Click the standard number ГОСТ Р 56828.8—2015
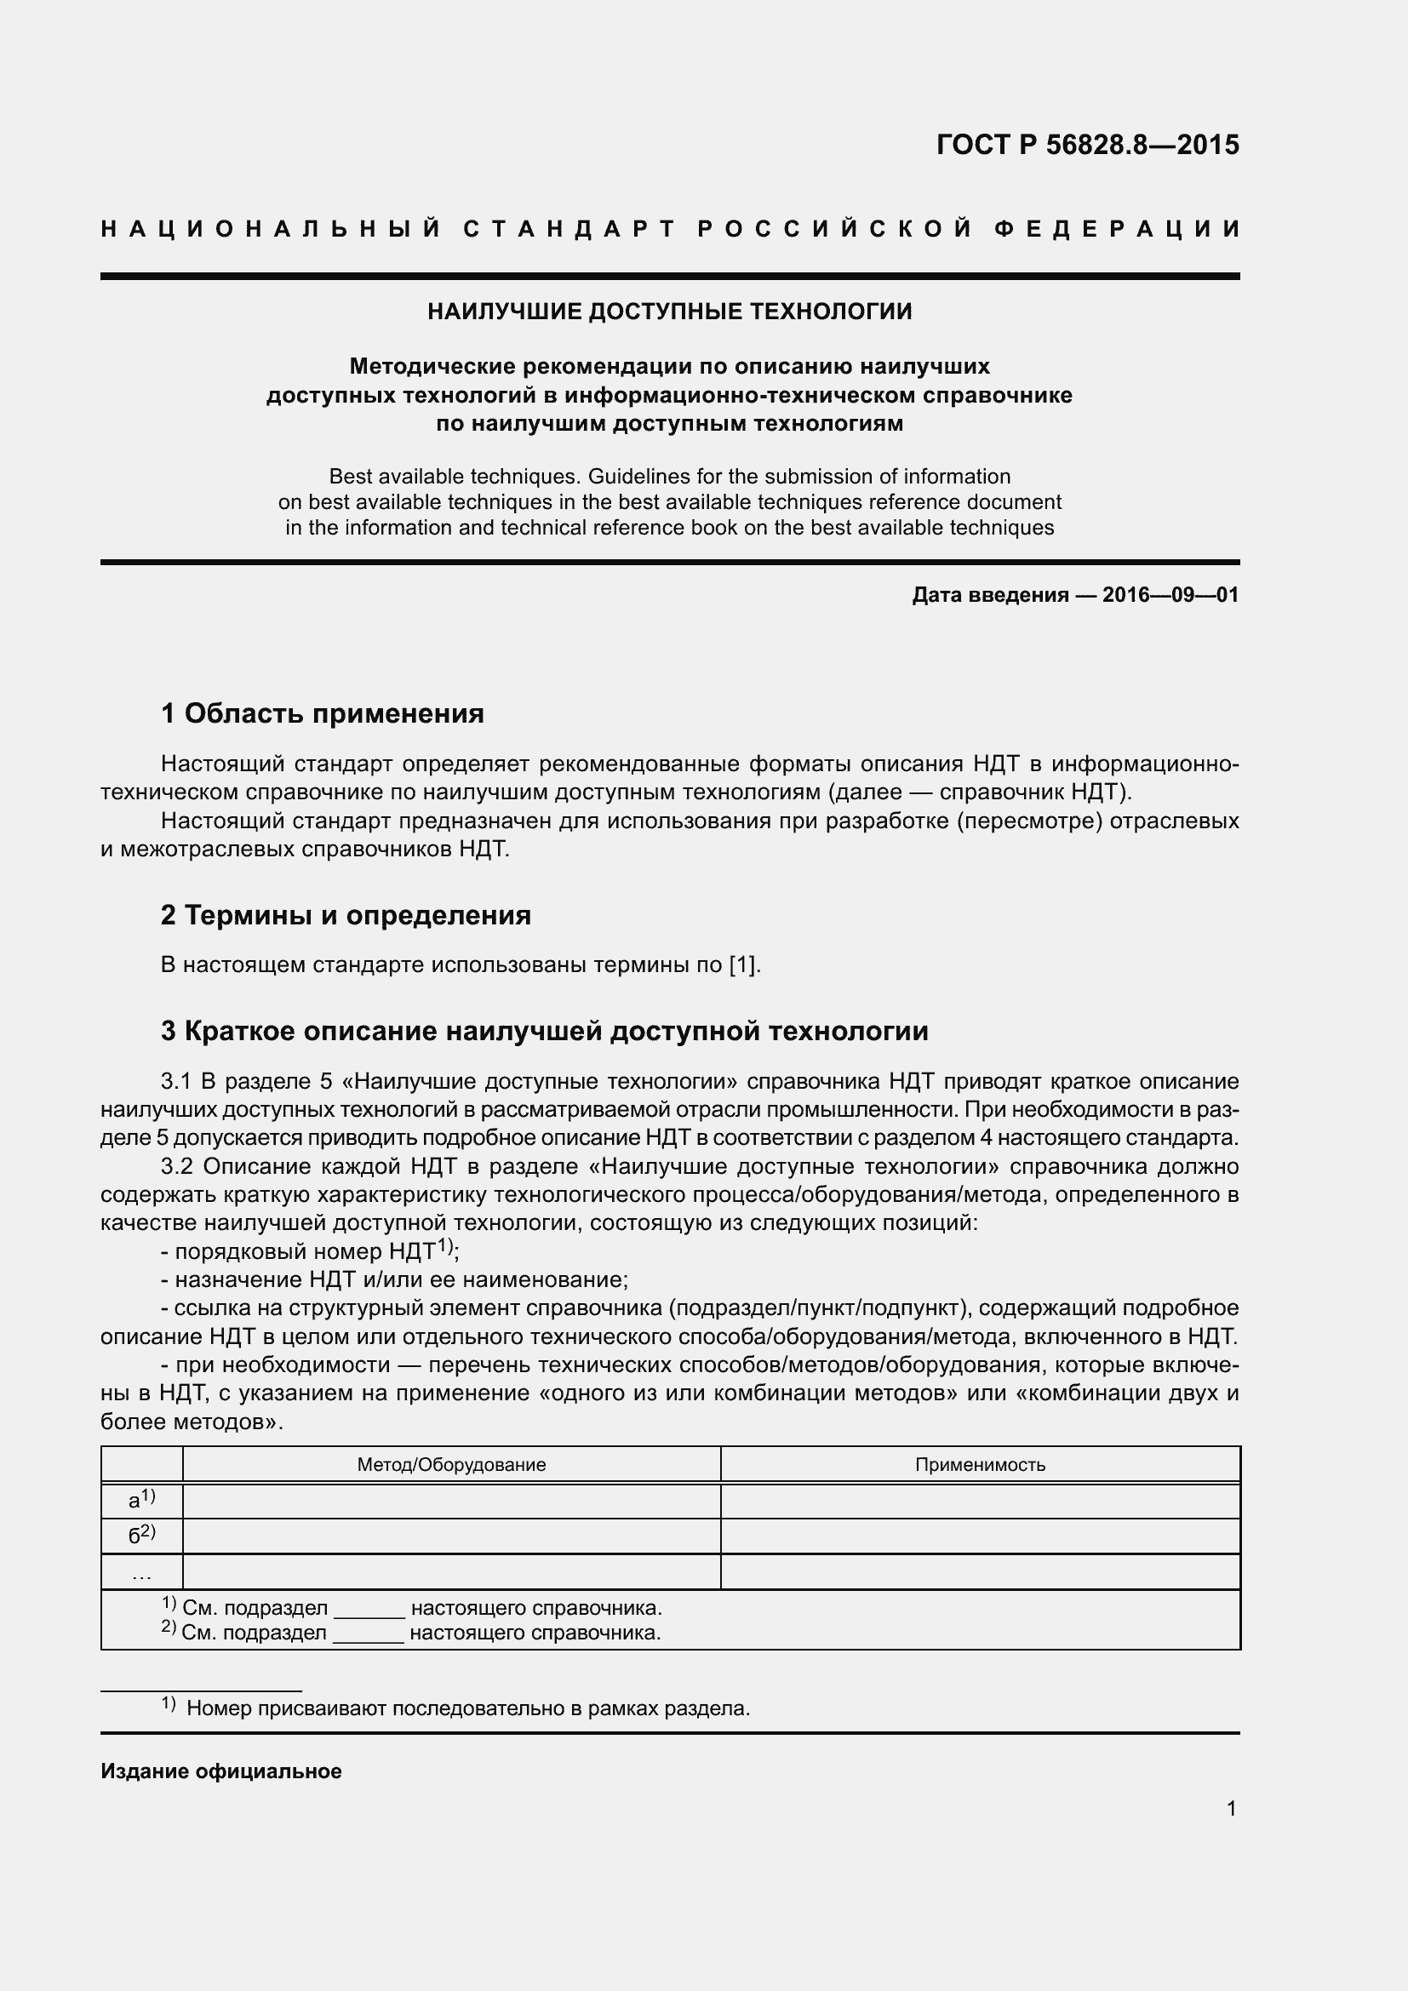point(1087,145)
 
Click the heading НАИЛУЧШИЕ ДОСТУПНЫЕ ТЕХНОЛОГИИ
point(669,312)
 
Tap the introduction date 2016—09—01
point(1170,595)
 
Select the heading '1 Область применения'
point(322,713)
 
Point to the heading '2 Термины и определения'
point(345,915)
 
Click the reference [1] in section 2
point(744,965)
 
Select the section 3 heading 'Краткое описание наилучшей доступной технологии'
point(545,1031)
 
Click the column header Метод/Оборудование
point(451,1465)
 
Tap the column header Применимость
point(980,1465)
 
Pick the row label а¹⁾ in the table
point(141,1499)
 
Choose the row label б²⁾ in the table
point(141,1535)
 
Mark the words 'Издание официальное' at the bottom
point(221,1771)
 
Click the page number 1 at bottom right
point(1231,1808)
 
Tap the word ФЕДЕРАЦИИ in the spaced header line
point(1117,229)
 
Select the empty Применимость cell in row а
point(980,1501)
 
